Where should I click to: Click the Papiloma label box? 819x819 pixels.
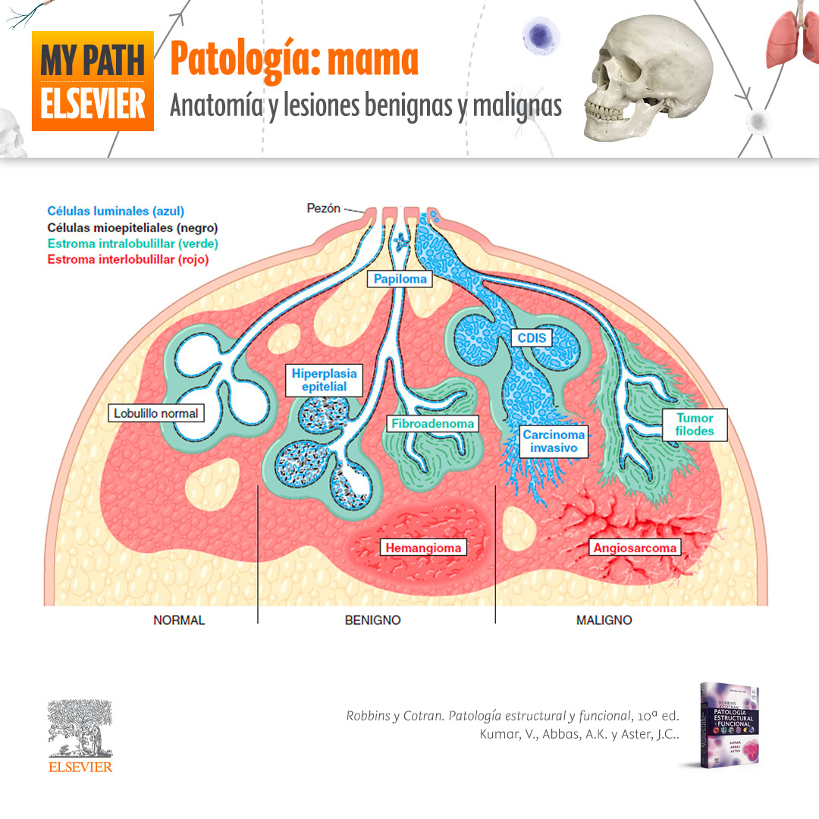[x=400, y=279]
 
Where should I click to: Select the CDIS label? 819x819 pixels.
[x=532, y=337]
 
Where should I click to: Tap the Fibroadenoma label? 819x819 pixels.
[x=434, y=424]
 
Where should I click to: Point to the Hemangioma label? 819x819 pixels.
[x=423, y=548]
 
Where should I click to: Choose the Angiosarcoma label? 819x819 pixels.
[x=635, y=548]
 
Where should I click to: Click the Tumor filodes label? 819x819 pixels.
[x=695, y=425]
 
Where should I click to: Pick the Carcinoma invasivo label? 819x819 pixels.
[x=554, y=441]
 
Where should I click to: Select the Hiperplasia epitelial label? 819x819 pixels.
[x=324, y=380]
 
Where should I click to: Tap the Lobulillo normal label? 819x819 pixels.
[x=155, y=413]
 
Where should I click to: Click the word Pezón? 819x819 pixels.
[x=323, y=208]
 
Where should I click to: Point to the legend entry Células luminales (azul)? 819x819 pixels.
[x=115, y=212]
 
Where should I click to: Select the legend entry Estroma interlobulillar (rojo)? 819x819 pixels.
[x=127, y=259]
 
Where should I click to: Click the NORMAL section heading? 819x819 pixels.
[x=179, y=620]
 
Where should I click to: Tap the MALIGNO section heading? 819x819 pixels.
[x=604, y=620]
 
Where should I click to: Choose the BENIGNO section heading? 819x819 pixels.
[x=372, y=620]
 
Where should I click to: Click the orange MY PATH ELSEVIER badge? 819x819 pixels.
[x=93, y=81]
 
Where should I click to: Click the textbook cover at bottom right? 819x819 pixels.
[x=729, y=724]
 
